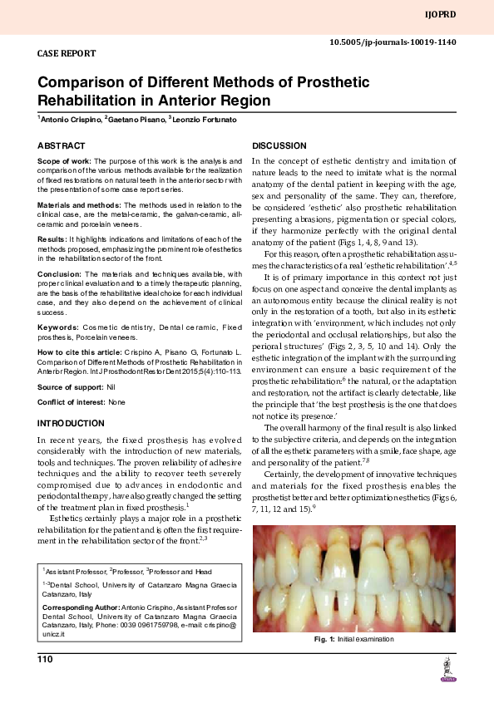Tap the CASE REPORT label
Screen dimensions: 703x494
click(67, 53)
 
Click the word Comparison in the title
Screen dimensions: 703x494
click(86, 83)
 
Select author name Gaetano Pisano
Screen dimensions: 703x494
click(135, 120)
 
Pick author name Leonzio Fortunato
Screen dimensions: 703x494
click(204, 120)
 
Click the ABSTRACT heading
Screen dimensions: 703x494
click(62, 145)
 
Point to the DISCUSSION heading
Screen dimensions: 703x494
click(279, 145)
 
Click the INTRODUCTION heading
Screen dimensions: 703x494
click(71, 424)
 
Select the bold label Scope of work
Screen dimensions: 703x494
click(64, 160)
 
